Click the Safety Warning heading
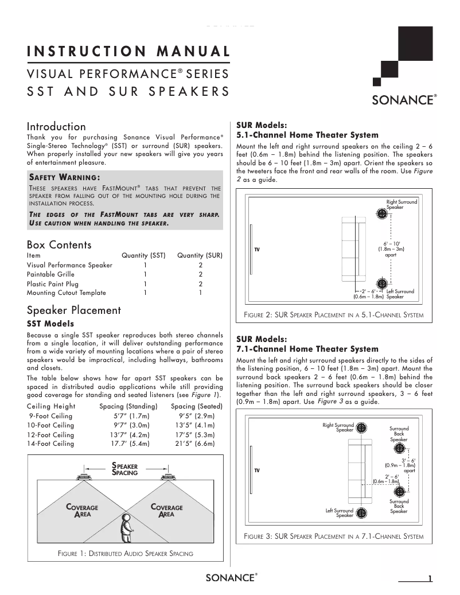click(64, 177)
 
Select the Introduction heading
click(56, 126)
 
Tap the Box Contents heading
click(59, 245)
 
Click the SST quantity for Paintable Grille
click(145, 274)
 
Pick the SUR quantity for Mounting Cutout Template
click(200, 293)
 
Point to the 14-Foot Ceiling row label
click(50, 444)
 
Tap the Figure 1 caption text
click(126, 554)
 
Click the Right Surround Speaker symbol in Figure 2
click(382, 213)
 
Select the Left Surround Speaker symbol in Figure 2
click(382, 284)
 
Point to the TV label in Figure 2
click(258, 250)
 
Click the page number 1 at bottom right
click(429, 578)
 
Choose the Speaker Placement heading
click(74, 310)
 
